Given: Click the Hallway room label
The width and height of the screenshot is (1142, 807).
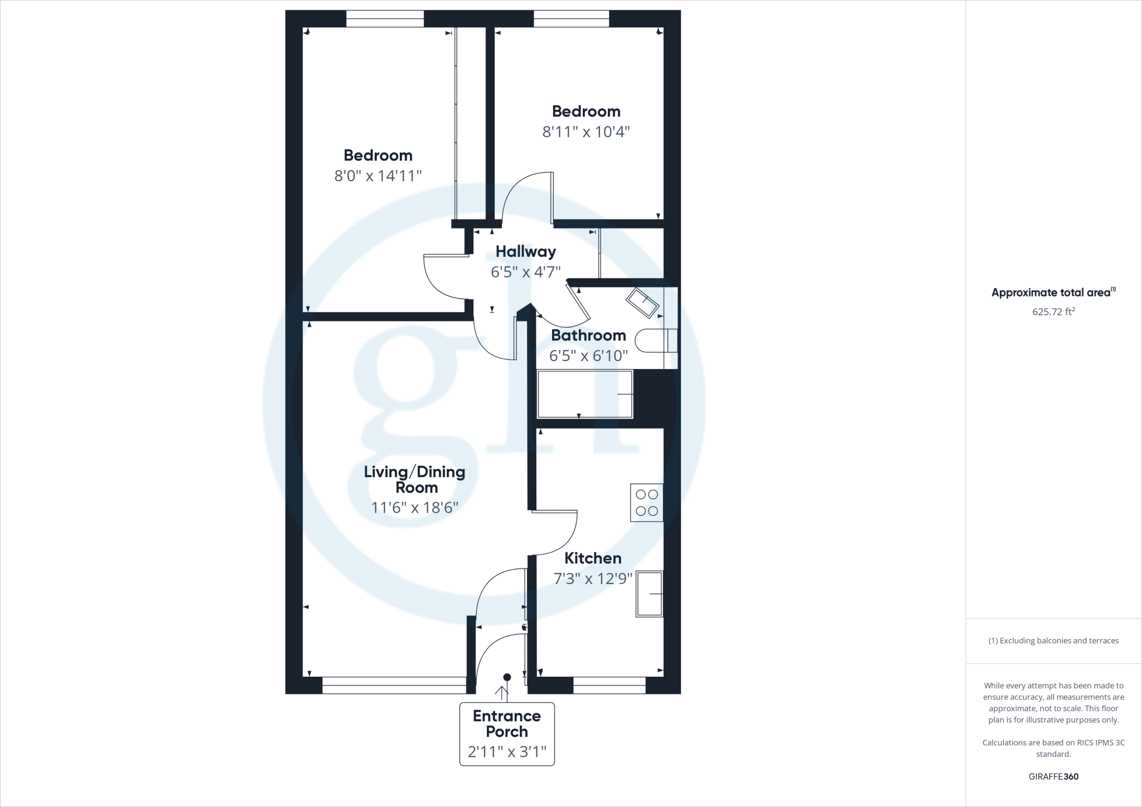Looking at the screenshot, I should coord(525,252).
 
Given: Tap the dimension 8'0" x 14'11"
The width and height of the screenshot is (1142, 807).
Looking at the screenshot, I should coord(378,176).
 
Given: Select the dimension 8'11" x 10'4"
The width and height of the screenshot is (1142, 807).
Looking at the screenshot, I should coord(585,132).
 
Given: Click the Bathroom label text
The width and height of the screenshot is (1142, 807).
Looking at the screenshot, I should coord(588,336).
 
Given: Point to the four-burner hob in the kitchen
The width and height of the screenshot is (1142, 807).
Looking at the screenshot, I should coord(647,503).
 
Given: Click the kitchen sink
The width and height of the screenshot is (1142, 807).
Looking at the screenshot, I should coord(649,594).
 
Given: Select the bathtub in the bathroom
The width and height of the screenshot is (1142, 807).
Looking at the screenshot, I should coord(585,394).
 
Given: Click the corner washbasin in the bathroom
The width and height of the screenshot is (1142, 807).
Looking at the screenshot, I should coord(643,303).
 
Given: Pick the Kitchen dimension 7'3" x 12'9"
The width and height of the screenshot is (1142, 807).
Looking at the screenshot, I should coord(593,578).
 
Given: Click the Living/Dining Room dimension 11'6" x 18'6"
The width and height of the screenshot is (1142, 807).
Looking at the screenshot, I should coord(414,508).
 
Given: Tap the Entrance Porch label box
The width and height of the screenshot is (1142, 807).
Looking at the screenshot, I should coord(507,733).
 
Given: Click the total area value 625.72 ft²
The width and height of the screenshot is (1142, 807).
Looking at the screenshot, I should coord(1053,312).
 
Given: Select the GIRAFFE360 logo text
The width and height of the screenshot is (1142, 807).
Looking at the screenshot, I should coord(1053,776).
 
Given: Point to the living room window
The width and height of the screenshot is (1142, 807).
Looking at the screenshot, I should coord(394,685).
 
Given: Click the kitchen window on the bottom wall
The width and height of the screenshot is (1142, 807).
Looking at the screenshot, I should coord(609,685).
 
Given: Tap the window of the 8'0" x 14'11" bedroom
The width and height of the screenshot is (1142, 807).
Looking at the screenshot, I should coord(385,19).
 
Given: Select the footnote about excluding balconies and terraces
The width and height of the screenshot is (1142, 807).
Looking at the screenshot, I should coord(1053,641).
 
